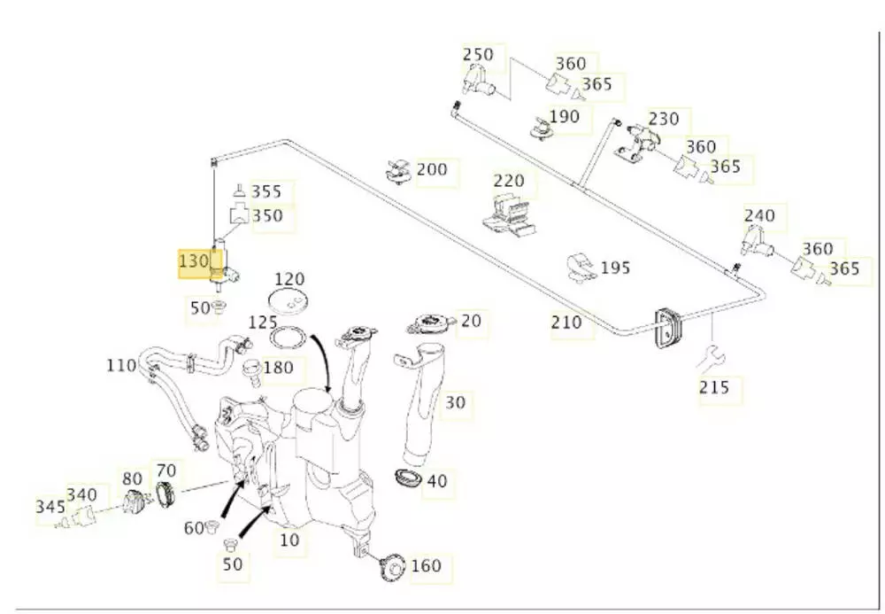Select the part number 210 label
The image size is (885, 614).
pos(566,323)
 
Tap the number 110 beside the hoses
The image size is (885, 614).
pos(121,364)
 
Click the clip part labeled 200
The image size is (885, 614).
pos(397,170)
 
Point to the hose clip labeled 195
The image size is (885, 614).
pos(580,268)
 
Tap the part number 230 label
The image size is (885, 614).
pos(664,119)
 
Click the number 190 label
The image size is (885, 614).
pos(564,116)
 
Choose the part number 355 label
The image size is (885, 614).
pos(266,191)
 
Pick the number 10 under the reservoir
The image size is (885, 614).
pos(289,539)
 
